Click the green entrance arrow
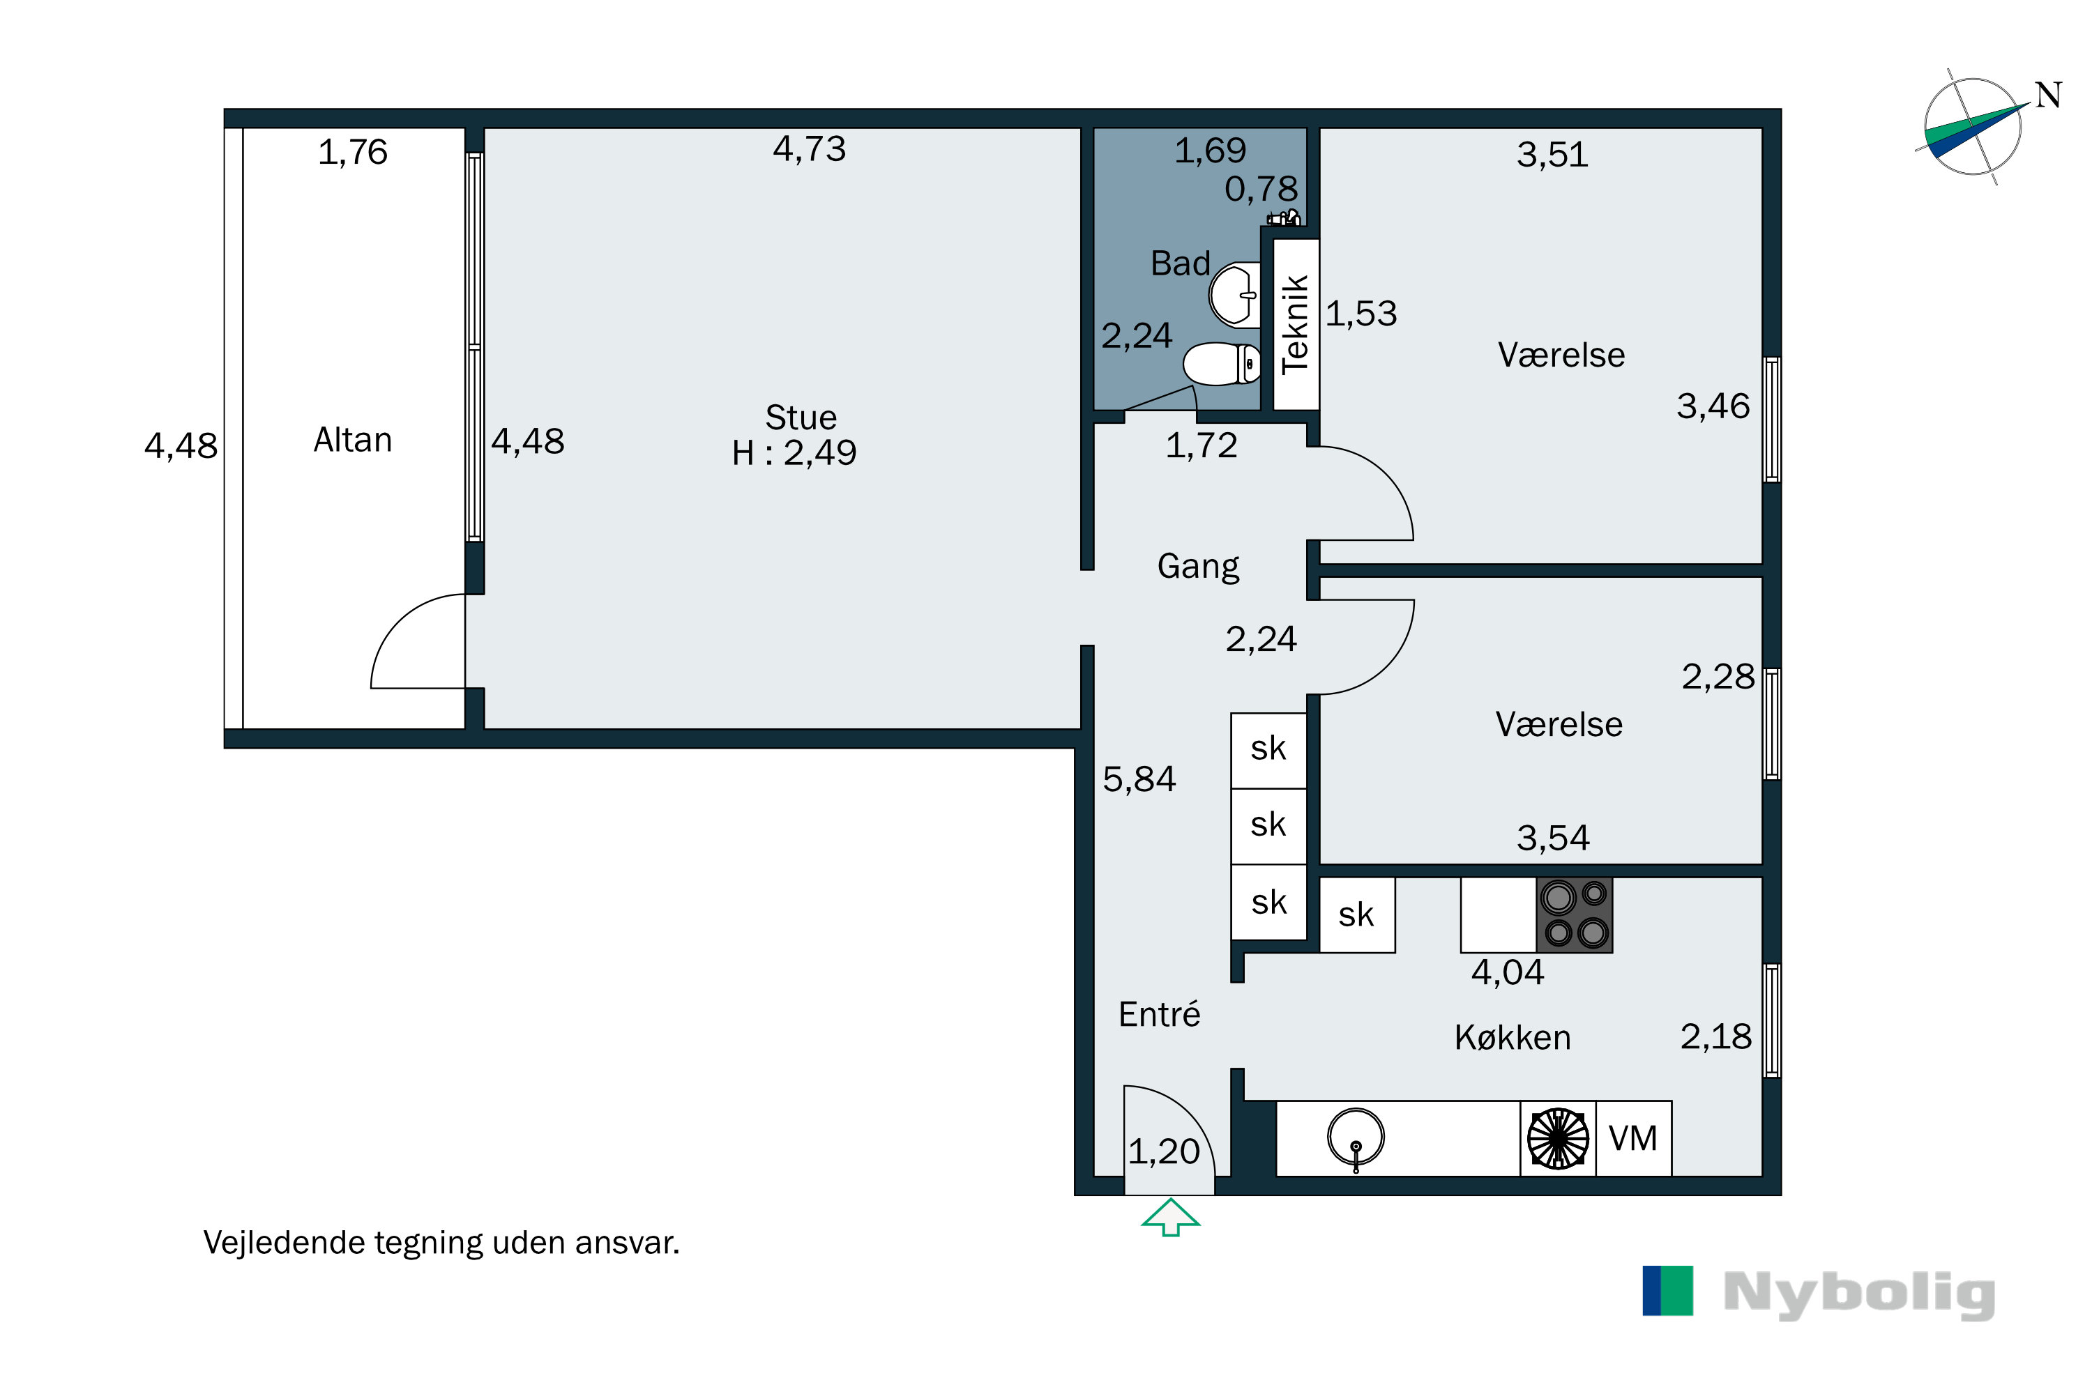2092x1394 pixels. [x=1171, y=1217]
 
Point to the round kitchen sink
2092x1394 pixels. [x=1356, y=1137]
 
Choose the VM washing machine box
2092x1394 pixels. [x=1634, y=1139]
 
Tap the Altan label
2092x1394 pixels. [x=352, y=440]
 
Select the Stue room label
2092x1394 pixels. [x=801, y=417]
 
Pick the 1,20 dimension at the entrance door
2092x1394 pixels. [x=1165, y=1152]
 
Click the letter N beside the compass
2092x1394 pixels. [x=2049, y=95]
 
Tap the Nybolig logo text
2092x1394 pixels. [x=1859, y=1294]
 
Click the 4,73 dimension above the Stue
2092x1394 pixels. [x=810, y=148]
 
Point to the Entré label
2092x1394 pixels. [x=1159, y=1013]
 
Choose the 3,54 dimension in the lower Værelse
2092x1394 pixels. [x=1553, y=838]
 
